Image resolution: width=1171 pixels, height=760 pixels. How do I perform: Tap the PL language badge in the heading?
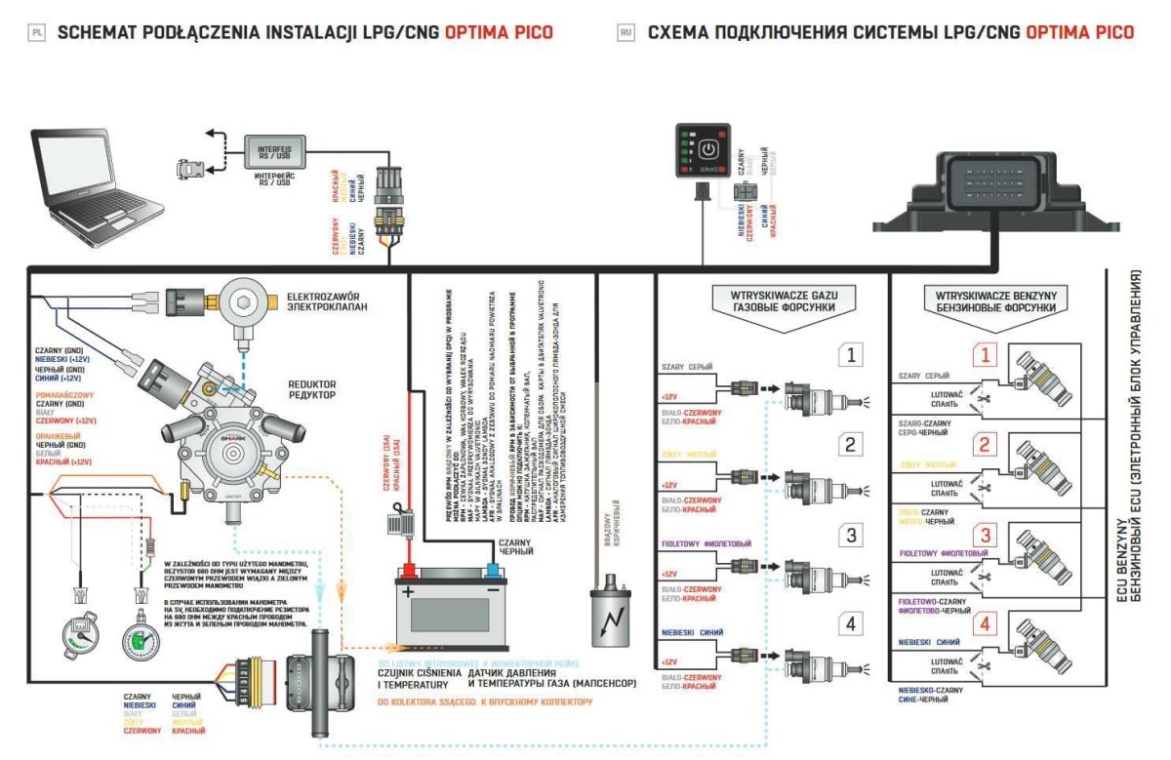click(x=37, y=32)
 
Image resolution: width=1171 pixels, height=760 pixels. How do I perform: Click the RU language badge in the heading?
click(x=626, y=32)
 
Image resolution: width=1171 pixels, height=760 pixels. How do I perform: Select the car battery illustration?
click(x=448, y=605)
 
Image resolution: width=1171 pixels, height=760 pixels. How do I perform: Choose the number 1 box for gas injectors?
click(x=852, y=356)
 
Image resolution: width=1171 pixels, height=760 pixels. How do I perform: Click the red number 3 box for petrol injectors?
click(x=987, y=534)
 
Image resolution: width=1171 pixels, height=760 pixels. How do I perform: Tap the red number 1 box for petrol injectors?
click(x=987, y=356)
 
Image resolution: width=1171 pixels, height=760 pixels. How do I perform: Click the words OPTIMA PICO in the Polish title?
click(x=499, y=32)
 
